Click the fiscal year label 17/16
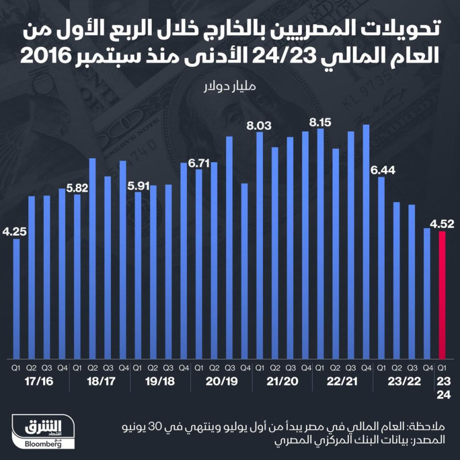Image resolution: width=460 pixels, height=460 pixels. [38, 381]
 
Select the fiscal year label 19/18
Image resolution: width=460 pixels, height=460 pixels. [160, 381]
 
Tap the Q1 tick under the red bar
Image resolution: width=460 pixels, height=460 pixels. [442, 366]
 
